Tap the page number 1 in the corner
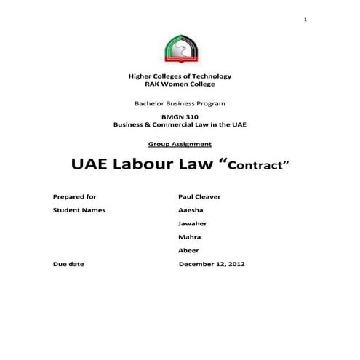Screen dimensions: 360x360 [x=306, y=18]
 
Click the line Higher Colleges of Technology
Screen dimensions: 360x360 [x=180, y=76]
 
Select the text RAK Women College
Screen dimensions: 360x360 [x=180, y=84]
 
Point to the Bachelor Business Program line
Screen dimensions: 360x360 [x=180, y=104]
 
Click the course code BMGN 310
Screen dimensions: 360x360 [x=180, y=117]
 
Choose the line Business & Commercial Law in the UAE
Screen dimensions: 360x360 [x=180, y=125]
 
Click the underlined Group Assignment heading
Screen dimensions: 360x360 [x=180, y=144]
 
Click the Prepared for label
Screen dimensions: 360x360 [x=75, y=196]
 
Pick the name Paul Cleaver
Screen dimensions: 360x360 [x=199, y=196]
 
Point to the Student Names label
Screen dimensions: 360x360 [x=79, y=210]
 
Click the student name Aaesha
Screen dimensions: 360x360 [x=191, y=210]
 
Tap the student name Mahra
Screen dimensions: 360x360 [x=189, y=237]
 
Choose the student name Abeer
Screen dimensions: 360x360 [x=188, y=250]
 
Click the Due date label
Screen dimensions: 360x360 [x=69, y=264]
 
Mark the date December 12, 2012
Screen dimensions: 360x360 [x=212, y=264]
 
